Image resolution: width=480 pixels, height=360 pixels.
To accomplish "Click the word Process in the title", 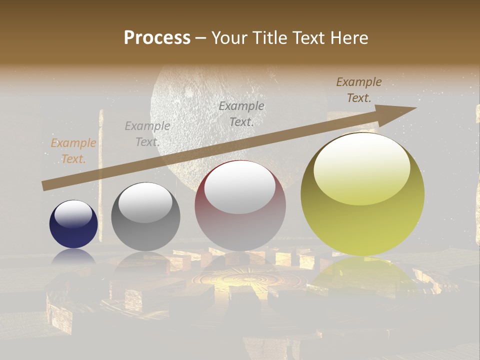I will pyautogui.click(x=157, y=38).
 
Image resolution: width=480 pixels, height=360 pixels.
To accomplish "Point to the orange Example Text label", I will pyautogui.click(x=73, y=151).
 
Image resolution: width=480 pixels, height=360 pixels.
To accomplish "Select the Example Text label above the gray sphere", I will pyautogui.click(x=147, y=134).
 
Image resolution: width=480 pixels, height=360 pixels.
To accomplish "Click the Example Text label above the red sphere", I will pyautogui.click(x=241, y=113).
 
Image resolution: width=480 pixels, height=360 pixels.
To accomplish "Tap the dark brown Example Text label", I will pyautogui.click(x=358, y=90).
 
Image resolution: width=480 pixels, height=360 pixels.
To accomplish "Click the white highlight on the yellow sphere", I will pyautogui.click(x=361, y=169).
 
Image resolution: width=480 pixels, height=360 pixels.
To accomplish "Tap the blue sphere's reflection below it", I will pyautogui.click(x=73, y=256).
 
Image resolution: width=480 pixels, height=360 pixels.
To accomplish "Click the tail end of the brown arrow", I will pyautogui.click(x=45, y=186).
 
